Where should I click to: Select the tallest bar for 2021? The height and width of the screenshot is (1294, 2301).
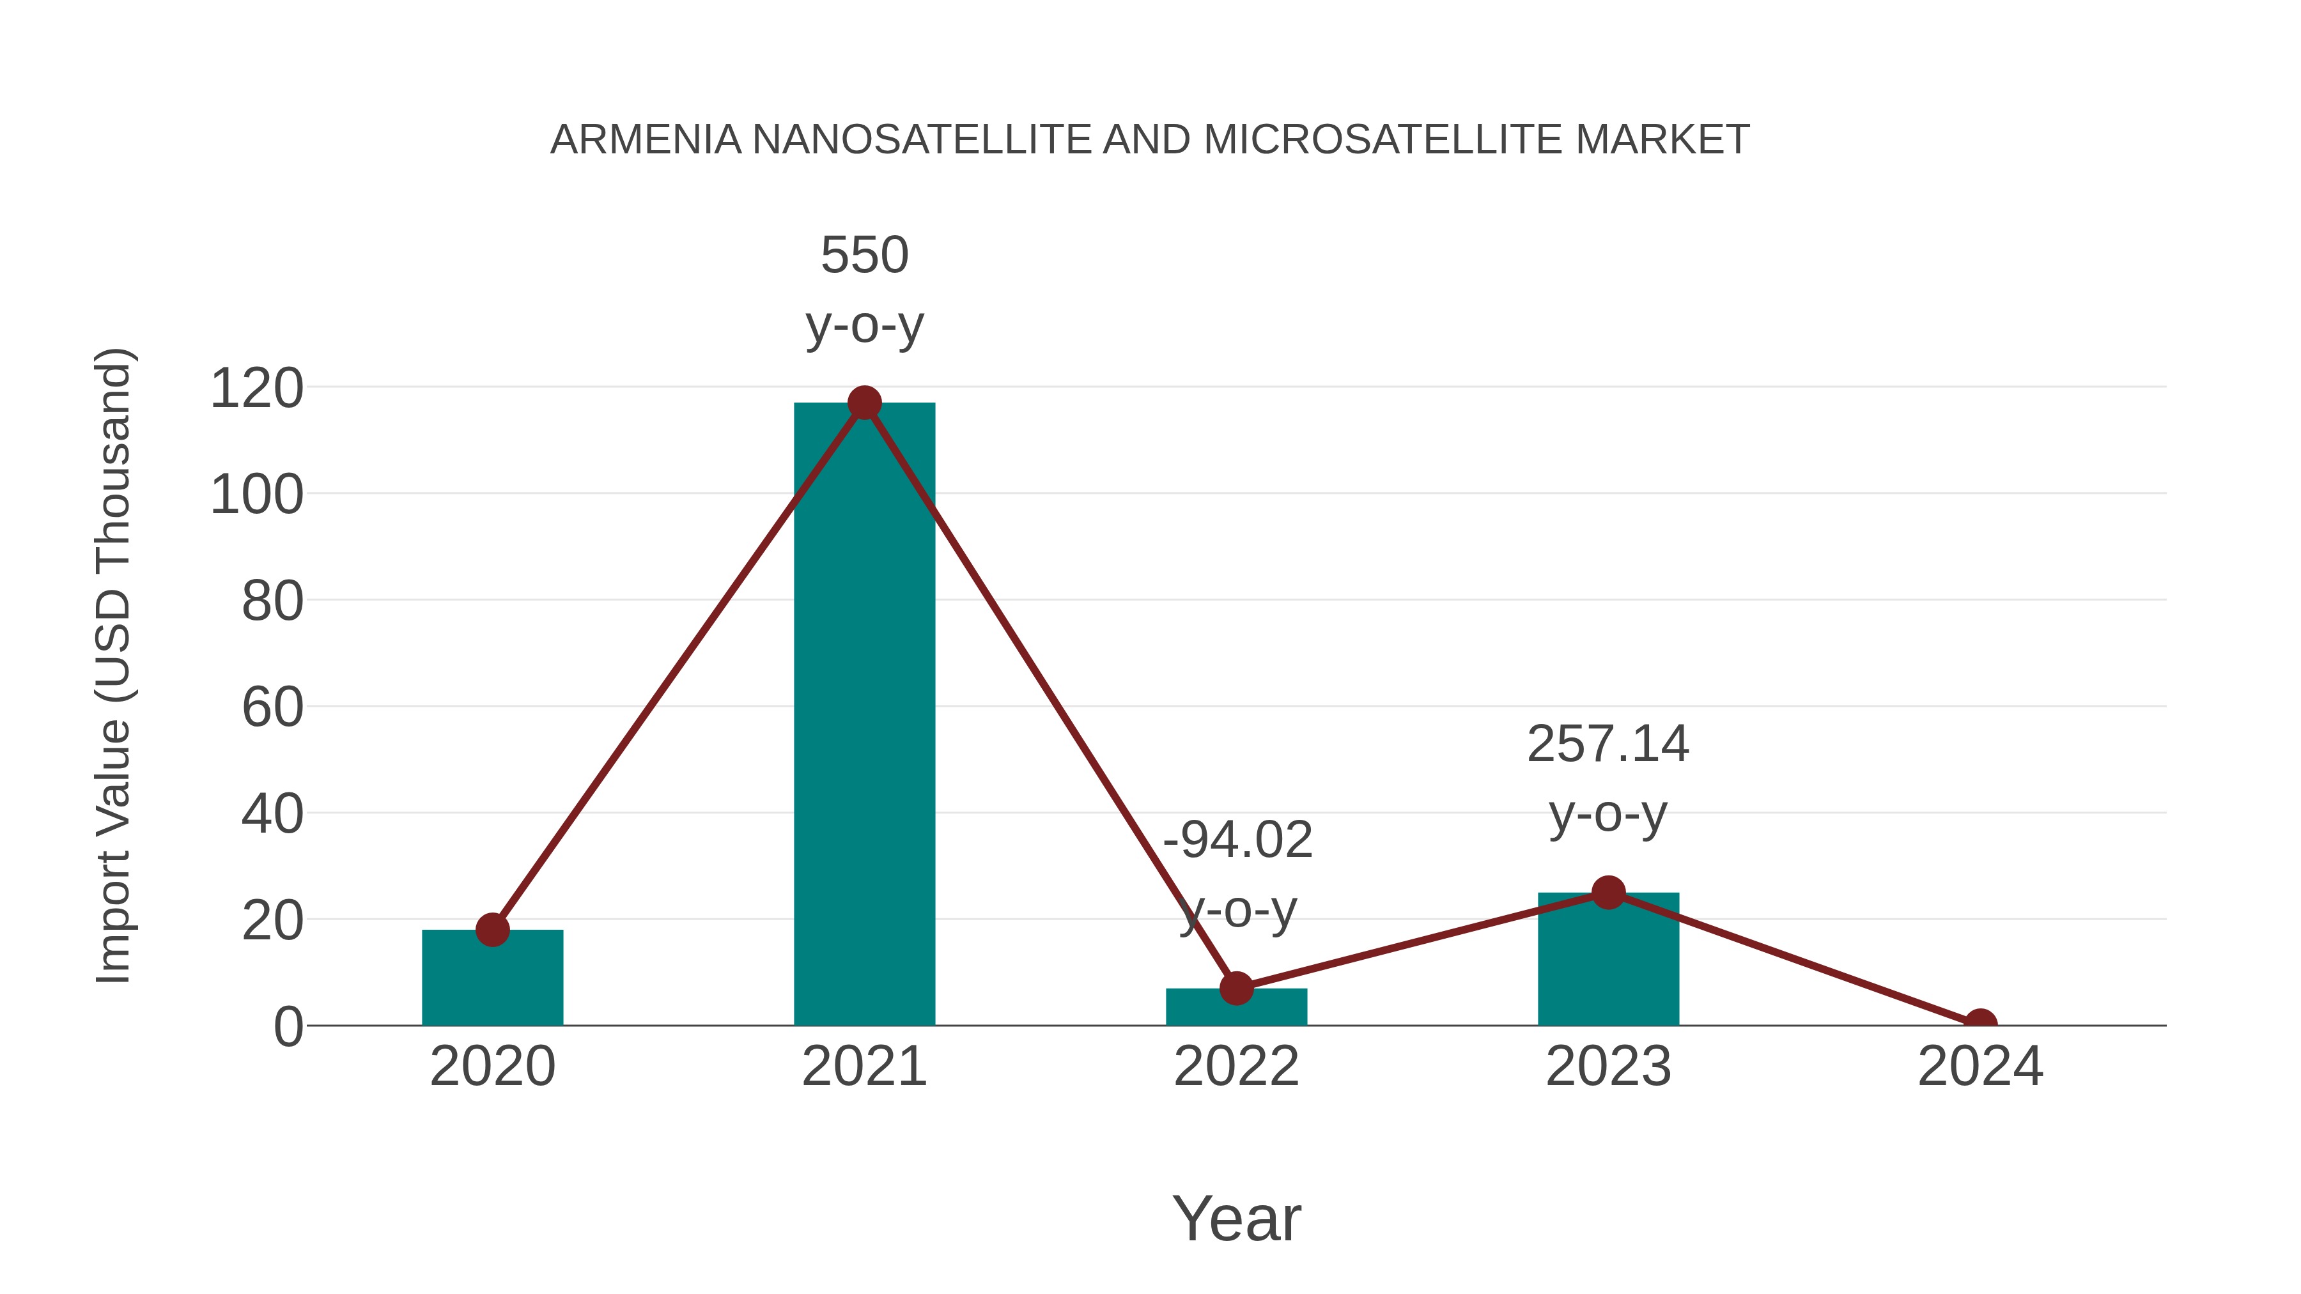pyautogui.click(x=864, y=714)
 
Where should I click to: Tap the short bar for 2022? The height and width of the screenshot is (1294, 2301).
pyautogui.click(x=1236, y=1007)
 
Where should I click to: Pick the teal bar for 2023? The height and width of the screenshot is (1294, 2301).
pyautogui.click(x=1608, y=959)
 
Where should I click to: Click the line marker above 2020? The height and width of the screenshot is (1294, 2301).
pyautogui.click(x=492, y=930)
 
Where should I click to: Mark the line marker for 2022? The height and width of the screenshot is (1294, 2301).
pyautogui.click(x=1236, y=988)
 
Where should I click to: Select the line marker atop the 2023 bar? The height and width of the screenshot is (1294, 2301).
pyautogui.click(x=1608, y=892)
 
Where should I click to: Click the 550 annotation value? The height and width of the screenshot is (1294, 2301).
pyautogui.click(x=864, y=256)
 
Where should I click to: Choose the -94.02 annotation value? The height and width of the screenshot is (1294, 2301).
pyautogui.click(x=1237, y=840)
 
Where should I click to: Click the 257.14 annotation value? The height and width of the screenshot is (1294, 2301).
pyautogui.click(x=1608, y=744)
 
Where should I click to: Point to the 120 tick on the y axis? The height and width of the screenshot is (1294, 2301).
pyautogui.click(x=256, y=389)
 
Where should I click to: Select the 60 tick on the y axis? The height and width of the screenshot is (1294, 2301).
pyautogui.click(x=272, y=708)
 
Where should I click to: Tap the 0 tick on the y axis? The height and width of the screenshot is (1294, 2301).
pyautogui.click(x=288, y=1027)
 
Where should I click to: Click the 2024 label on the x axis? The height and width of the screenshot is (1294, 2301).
pyautogui.click(x=1980, y=1067)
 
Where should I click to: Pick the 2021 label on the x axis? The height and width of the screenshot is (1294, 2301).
pyautogui.click(x=864, y=1067)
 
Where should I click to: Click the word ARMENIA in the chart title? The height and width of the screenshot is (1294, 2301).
pyautogui.click(x=645, y=140)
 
